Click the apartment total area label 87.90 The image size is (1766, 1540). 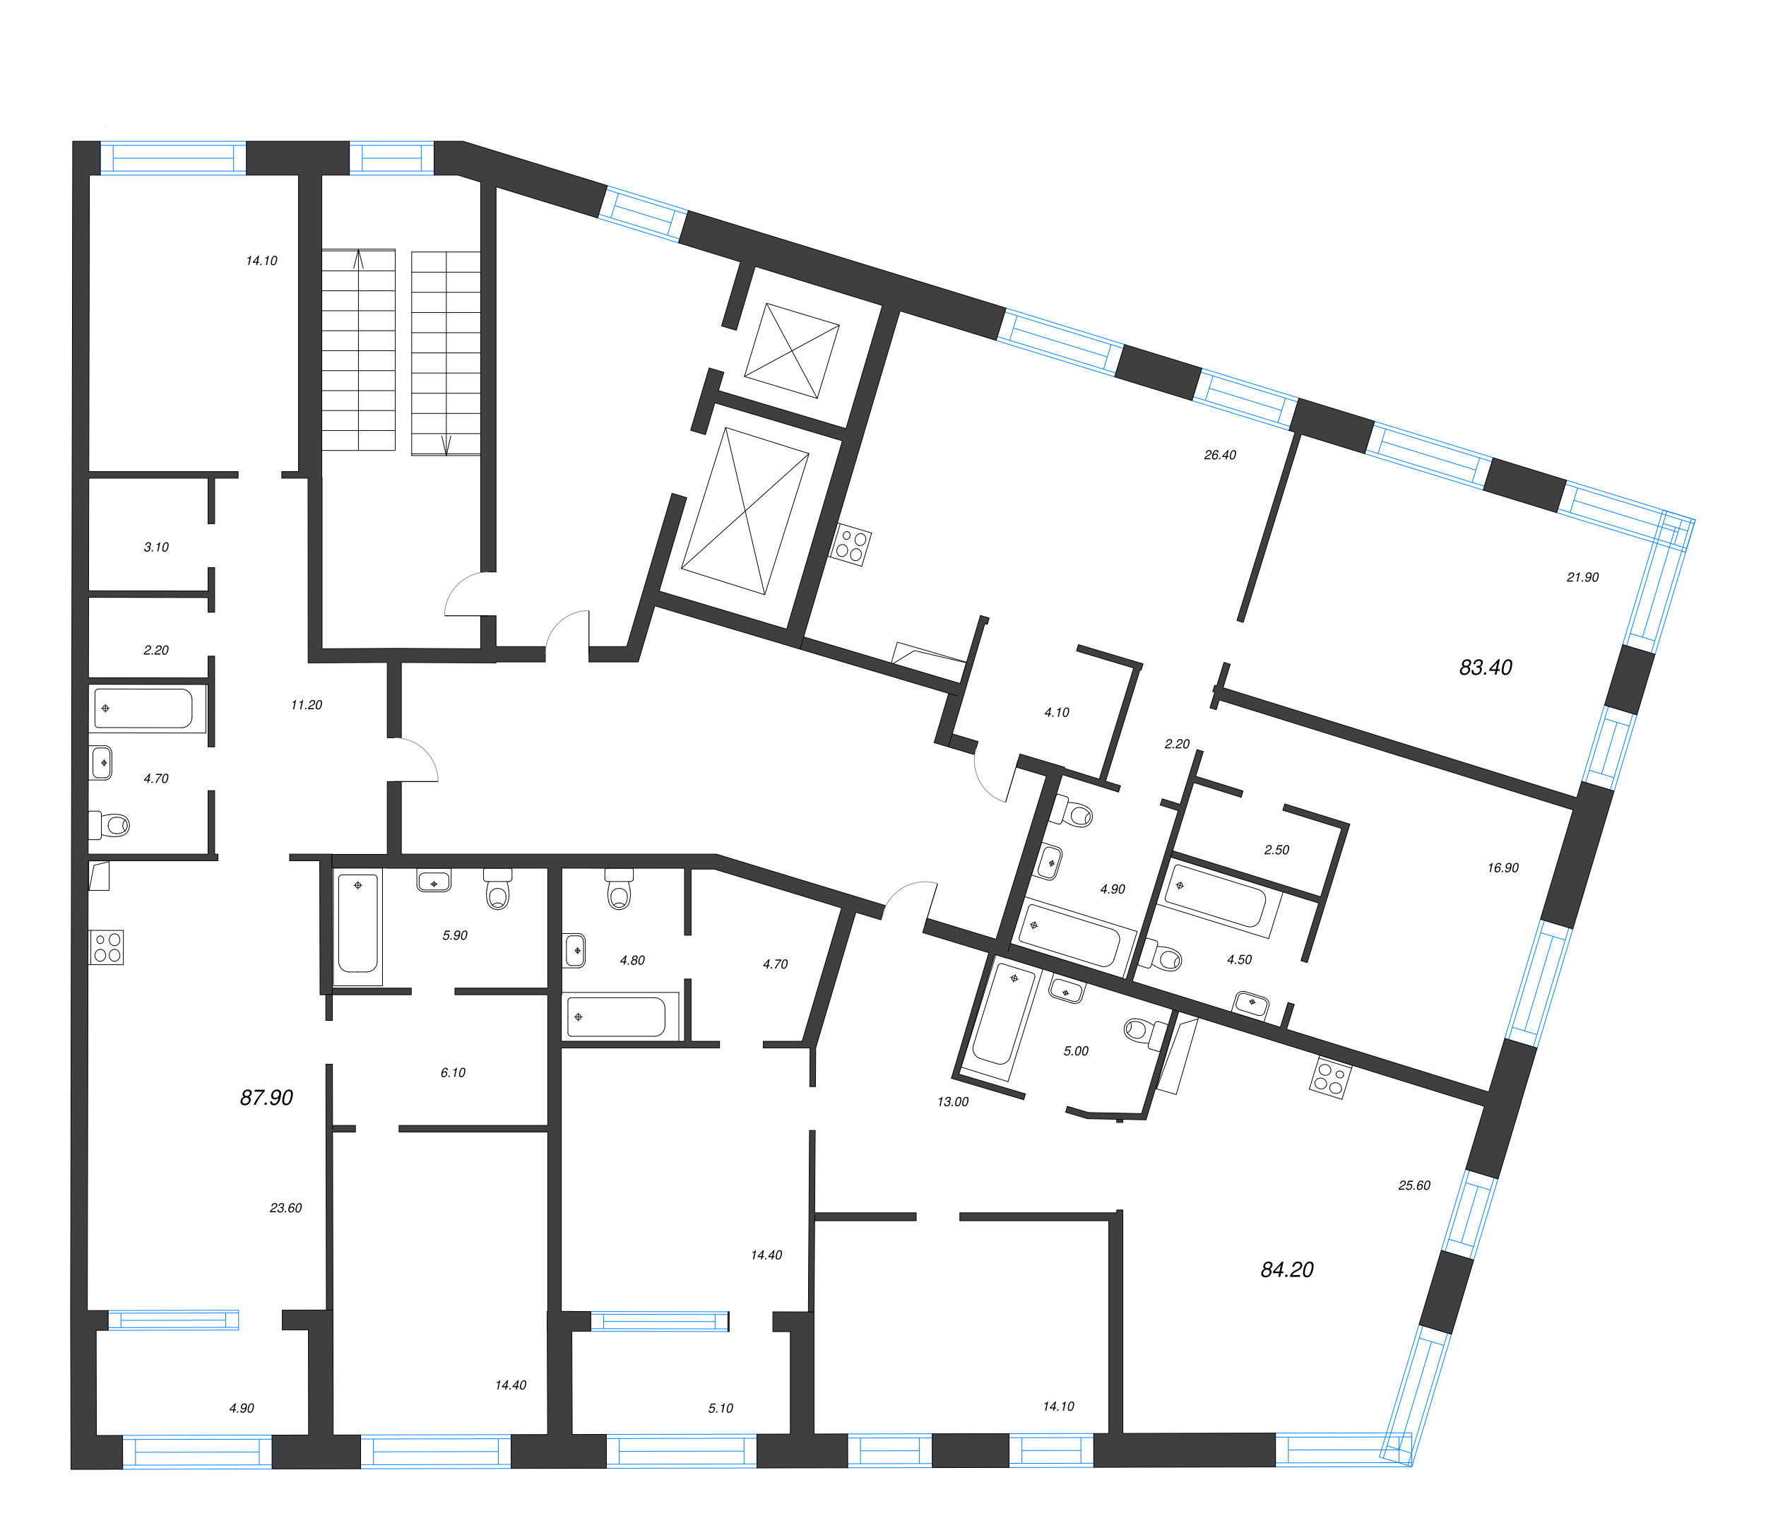pos(266,1097)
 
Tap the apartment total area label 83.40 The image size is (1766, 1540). pos(1485,667)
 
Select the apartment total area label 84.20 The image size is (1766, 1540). pos(1286,1269)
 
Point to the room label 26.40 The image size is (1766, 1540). pos(1219,455)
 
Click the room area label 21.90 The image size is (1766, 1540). pos(1582,576)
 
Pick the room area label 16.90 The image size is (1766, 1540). pos(1503,867)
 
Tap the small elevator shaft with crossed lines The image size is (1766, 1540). pos(791,350)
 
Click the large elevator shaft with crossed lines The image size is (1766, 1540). pos(745,511)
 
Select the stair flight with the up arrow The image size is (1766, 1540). pos(358,350)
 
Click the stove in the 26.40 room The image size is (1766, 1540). pos(851,545)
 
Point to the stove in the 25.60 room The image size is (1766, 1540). pos(1330,1080)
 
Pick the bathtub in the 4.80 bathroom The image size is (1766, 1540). pos(616,1017)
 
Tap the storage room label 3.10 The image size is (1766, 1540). pos(156,547)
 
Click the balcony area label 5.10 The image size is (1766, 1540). pos(720,1408)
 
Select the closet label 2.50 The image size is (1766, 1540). pos(1276,849)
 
